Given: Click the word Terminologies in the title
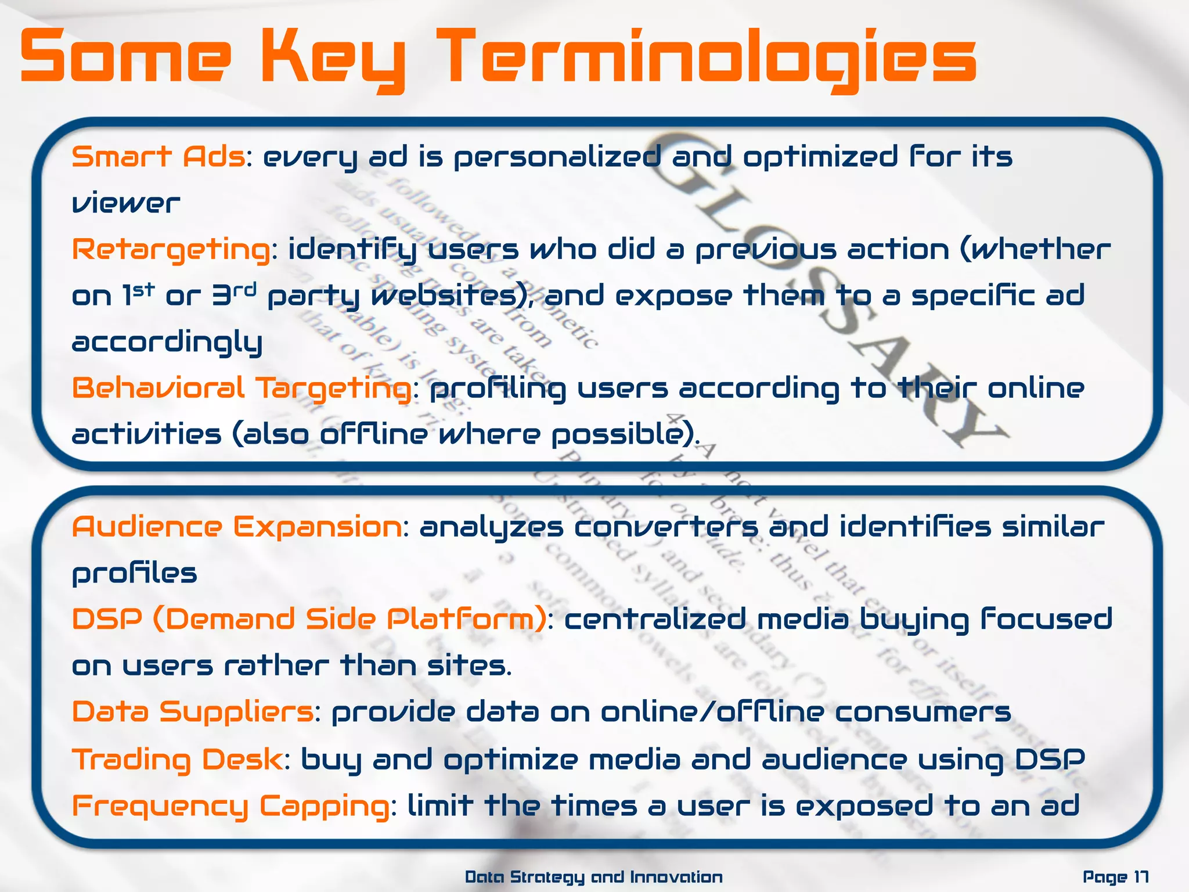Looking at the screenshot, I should (711, 58).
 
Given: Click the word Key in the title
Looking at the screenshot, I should (333, 58).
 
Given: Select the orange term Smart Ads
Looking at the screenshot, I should (158, 157).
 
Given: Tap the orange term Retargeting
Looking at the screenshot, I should (171, 250).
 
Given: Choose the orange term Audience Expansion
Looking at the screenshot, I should (236, 527).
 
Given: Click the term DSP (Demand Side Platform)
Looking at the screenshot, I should (309, 619).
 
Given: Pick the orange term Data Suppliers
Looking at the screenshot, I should (193, 712).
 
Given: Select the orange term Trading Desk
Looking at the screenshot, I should (177, 759).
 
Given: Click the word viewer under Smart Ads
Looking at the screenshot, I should (125, 203).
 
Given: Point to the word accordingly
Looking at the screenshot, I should (167, 343).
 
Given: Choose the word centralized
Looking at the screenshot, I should (655, 619).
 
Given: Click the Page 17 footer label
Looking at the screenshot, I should (1115, 877).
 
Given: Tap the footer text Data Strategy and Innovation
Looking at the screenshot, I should (594, 877).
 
